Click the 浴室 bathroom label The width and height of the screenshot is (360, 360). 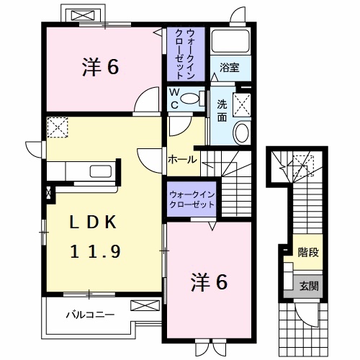pyautogui.click(x=230, y=68)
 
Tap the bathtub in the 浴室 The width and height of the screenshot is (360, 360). pyautogui.click(x=230, y=42)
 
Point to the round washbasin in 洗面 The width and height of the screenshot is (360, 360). pyautogui.click(x=242, y=132)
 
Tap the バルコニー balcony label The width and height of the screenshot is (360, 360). pyautogui.click(x=89, y=314)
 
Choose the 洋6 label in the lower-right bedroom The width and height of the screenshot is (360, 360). pyautogui.click(x=210, y=282)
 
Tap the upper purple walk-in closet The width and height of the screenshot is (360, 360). pyautogui.click(x=187, y=53)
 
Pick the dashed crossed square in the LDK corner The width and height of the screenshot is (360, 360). pyautogui.click(x=57, y=128)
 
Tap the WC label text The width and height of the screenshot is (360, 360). pyautogui.click(x=174, y=97)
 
